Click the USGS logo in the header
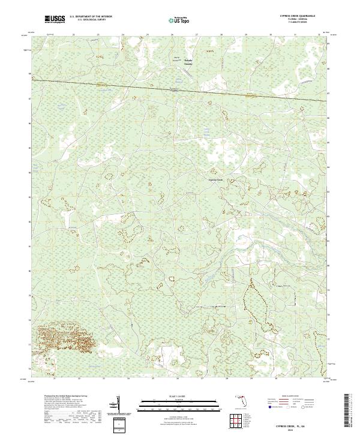click(x=55, y=20)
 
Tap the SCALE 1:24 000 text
click(x=171, y=397)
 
